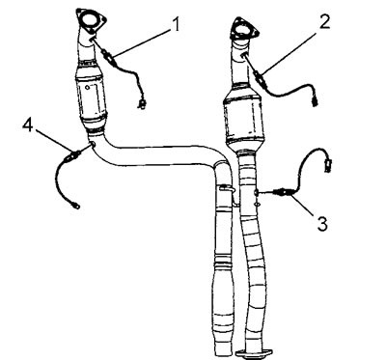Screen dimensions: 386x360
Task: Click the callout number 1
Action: [x=176, y=24]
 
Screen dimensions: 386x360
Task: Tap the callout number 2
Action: [x=324, y=21]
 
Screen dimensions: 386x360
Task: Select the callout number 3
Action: [x=322, y=224]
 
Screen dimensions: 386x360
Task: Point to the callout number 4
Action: [x=28, y=125]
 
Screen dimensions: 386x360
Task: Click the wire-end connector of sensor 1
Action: [x=141, y=103]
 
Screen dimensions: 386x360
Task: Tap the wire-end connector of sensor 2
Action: [x=315, y=103]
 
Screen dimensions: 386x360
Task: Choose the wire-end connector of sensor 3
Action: [x=328, y=164]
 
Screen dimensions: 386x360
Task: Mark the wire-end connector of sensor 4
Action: [x=76, y=205]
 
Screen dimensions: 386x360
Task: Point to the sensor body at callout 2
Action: [x=260, y=78]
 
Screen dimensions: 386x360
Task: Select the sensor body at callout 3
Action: [x=283, y=193]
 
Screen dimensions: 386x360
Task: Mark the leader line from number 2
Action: [x=291, y=53]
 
